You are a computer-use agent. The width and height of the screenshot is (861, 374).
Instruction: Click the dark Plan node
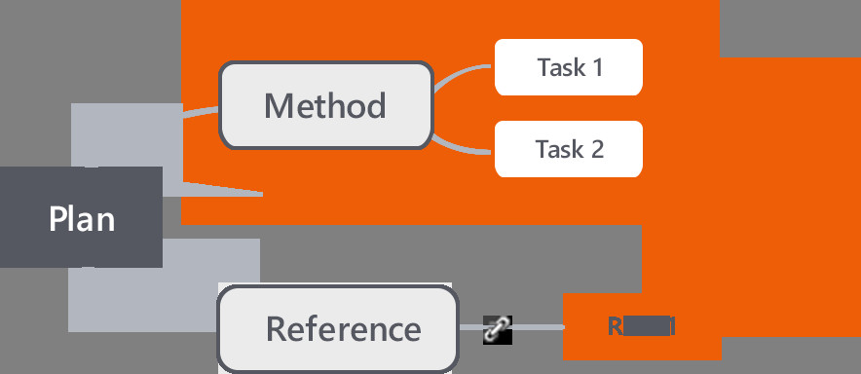81,217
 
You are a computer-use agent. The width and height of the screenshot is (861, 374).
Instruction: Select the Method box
325,105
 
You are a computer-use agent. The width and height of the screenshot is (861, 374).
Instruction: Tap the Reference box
337,328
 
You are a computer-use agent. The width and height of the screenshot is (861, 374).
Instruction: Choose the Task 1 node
569,67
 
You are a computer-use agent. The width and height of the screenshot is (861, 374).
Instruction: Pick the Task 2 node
569,149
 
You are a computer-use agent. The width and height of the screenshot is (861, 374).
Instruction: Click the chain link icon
498,329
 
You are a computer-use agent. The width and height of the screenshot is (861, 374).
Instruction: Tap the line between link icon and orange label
538,328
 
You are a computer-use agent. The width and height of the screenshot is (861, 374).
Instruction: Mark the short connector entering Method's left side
201,112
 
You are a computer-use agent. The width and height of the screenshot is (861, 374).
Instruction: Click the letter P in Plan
58,218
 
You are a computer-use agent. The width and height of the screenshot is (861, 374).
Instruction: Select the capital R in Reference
277,328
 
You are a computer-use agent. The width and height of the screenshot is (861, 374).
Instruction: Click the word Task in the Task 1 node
559,67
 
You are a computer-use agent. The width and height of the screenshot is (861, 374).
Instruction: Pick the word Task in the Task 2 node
558,149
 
